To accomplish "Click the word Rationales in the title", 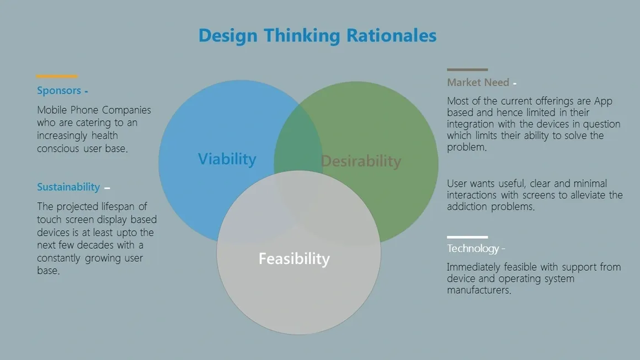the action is point(391,35).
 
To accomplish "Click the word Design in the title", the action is point(228,36).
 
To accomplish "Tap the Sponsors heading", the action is point(59,90).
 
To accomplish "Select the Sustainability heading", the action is point(68,187).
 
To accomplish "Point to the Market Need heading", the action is point(478,82).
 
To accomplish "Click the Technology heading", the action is point(473,248).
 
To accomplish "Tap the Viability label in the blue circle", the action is point(227,159).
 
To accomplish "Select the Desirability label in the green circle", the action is point(361,161).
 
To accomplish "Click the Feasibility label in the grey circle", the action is point(294,259).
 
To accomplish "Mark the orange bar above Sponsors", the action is point(57,76).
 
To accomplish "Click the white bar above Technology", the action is point(467,237).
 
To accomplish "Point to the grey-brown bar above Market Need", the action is point(467,69).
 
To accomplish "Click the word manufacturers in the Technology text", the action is point(479,291).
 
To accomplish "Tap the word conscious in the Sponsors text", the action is point(58,149).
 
